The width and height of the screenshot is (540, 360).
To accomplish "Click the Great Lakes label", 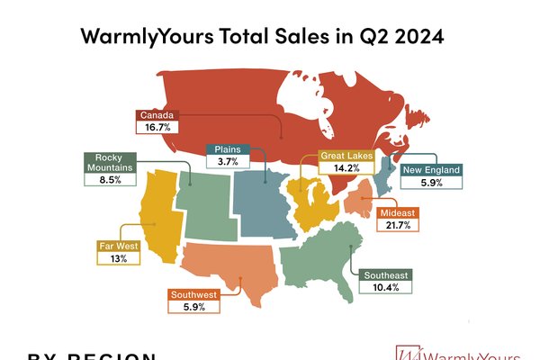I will (x=346, y=156).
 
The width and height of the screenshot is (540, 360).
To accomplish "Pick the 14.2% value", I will (x=346, y=168).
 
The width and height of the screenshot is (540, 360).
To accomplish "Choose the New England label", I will (x=431, y=169).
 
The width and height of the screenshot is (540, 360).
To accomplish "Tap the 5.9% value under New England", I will (x=431, y=183).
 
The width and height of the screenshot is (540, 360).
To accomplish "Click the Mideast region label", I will (x=395, y=213).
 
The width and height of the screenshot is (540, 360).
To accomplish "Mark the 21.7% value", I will (x=395, y=226).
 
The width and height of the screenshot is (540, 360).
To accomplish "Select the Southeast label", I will (x=386, y=274).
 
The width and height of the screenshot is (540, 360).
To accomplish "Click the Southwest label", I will (x=193, y=294).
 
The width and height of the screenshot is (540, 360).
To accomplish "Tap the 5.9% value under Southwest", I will (x=193, y=307).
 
